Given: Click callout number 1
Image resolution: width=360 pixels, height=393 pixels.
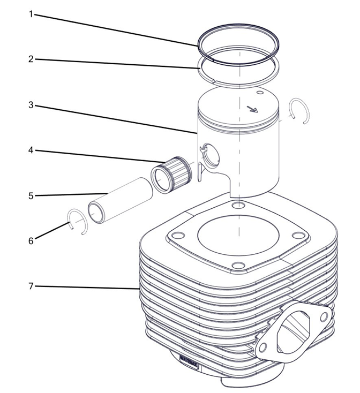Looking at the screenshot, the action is click(x=31, y=14).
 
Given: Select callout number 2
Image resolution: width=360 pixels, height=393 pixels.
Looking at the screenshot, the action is click(x=31, y=59).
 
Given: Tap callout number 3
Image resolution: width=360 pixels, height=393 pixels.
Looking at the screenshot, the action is click(x=31, y=105).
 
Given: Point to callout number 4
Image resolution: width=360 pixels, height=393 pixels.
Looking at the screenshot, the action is click(x=31, y=150).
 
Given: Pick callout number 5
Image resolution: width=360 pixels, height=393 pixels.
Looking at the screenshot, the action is click(x=31, y=195).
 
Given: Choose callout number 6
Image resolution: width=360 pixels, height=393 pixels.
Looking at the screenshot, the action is click(x=31, y=241).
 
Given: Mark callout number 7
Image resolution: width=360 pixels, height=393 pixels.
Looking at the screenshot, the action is click(x=31, y=286).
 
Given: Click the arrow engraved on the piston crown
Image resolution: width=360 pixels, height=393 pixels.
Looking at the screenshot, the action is click(x=252, y=109).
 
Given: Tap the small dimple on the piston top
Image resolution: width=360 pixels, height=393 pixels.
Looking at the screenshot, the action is click(x=260, y=93).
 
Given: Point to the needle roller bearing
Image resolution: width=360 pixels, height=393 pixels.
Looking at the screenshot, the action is click(x=171, y=174).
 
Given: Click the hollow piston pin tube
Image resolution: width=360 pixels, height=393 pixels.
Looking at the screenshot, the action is click(x=121, y=200).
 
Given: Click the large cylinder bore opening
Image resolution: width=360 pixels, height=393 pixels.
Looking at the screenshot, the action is click(x=238, y=235).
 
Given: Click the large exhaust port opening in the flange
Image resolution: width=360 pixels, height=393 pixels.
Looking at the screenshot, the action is click(x=293, y=331).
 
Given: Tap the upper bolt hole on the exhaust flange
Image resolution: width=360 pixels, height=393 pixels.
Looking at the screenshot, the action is click(x=325, y=316).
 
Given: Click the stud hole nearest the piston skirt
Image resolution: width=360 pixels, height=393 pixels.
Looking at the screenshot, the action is click(x=238, y=206).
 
